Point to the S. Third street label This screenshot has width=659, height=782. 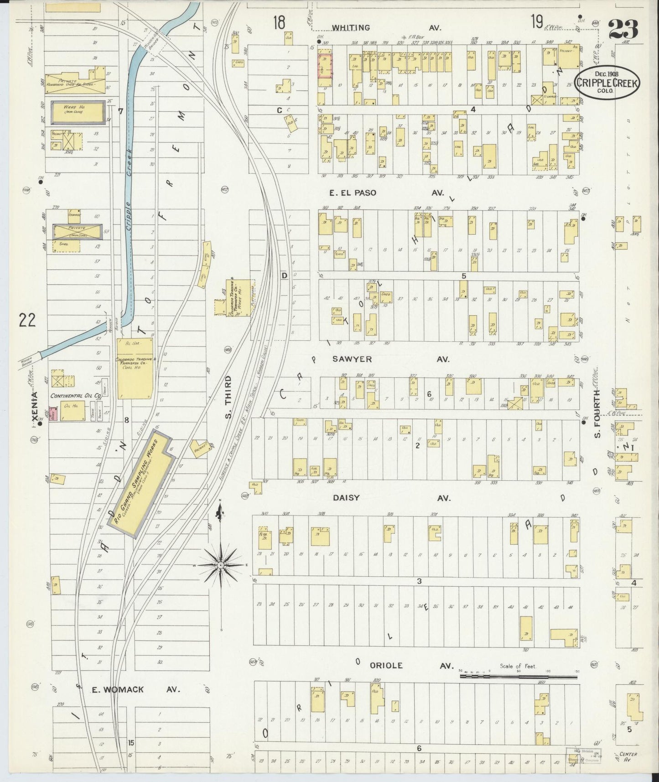pos(228,397)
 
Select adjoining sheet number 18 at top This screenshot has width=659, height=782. pos(279,22)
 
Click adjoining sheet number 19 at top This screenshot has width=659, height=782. pos(536,22)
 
